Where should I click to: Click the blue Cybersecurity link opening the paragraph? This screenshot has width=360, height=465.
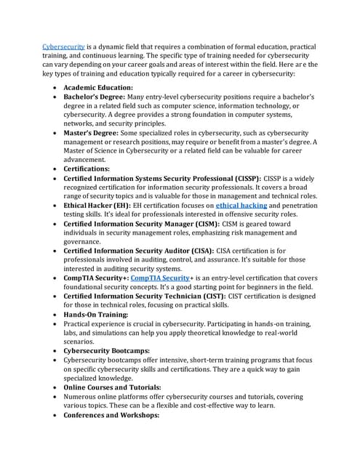click(x=64, y=46)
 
